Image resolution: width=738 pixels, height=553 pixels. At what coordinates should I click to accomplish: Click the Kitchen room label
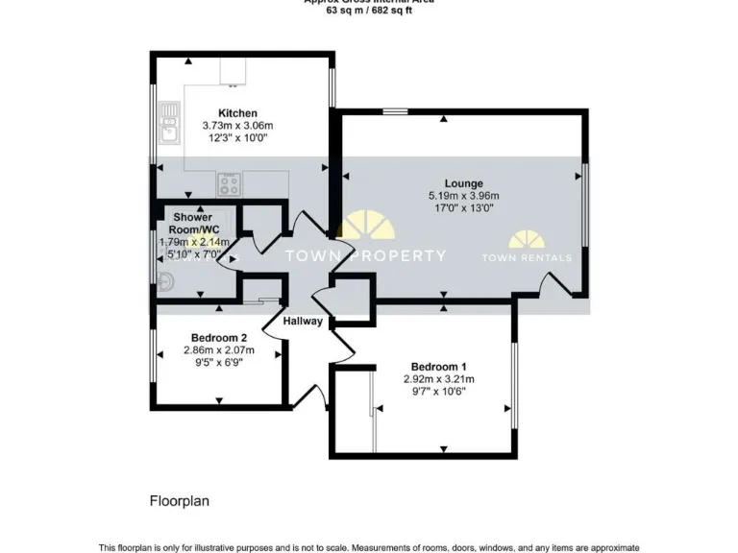[237, 112]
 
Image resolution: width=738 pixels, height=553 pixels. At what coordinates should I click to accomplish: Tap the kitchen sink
[169, 122]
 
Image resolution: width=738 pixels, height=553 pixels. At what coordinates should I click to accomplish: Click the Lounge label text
[463, 183]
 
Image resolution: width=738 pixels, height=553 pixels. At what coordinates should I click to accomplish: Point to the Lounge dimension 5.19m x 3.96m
[463, 196]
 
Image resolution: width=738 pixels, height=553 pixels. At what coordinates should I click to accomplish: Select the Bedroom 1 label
[439, 367]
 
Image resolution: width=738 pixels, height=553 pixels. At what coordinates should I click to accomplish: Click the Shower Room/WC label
[192, 224]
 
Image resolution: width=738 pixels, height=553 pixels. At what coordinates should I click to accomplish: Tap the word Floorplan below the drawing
[179, 500]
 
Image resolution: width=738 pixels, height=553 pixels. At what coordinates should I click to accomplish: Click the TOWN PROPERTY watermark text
[367, 255]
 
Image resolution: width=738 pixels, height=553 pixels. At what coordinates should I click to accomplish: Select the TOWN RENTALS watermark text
[527, 257]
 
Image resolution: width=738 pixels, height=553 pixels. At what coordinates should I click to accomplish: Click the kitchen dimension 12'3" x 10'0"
[237, 137]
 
